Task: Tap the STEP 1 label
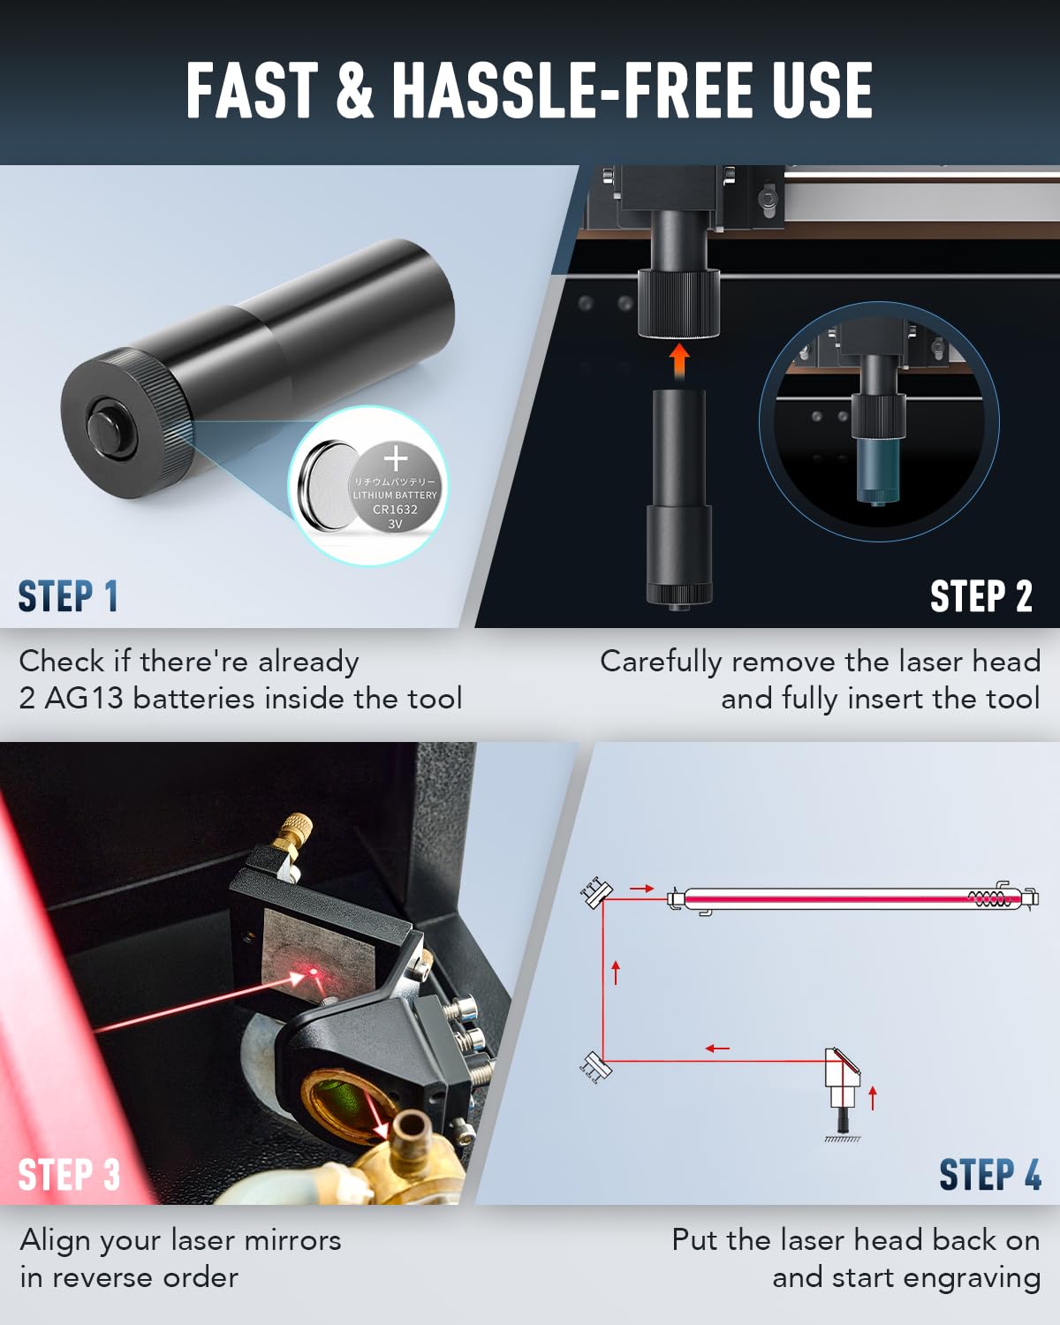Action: point(68,596)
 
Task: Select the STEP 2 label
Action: point(980,596)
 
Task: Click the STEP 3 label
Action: point(68,1175)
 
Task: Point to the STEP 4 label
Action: point(989,1175)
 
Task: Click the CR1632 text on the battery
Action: point(395,509)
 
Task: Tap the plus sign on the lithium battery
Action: point(396,458)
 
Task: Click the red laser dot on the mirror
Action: point(313,973)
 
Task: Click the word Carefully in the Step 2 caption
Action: point(661,662)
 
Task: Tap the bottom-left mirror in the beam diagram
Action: point(594,1064)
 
